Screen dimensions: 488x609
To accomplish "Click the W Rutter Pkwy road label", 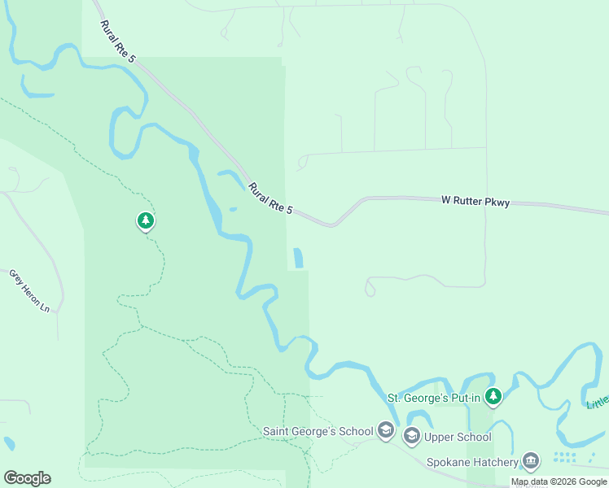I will [x=475, y=200].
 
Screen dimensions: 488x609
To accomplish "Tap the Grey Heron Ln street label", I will [x=30, y=291].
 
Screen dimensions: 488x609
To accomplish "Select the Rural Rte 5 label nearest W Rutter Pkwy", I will [x=271, y=198].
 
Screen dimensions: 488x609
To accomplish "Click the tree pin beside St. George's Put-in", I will [x=493, y=397].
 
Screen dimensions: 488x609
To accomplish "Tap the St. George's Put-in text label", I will [x=433, y=398].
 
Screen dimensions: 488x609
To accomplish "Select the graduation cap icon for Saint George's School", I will [x=386, y=431].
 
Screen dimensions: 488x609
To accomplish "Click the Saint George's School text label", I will [x=318, y=431].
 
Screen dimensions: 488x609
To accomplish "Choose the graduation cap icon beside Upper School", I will [x=411, y=437].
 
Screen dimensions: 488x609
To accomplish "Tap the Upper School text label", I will [x=458, y=438].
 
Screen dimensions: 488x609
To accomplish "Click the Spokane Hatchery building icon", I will [x=531, y=462].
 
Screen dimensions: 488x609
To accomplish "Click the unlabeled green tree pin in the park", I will [x=146, y=220].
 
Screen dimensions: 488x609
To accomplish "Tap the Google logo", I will [x=27, y=478].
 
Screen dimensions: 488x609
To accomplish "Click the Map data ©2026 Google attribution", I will [x=559, y=481].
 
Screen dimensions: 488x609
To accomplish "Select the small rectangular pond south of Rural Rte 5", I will [x=298, y=258].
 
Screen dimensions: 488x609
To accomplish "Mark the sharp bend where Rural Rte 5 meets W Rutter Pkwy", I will [x=330, y=224].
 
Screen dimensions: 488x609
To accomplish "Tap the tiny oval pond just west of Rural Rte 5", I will [x=233, y=209].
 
